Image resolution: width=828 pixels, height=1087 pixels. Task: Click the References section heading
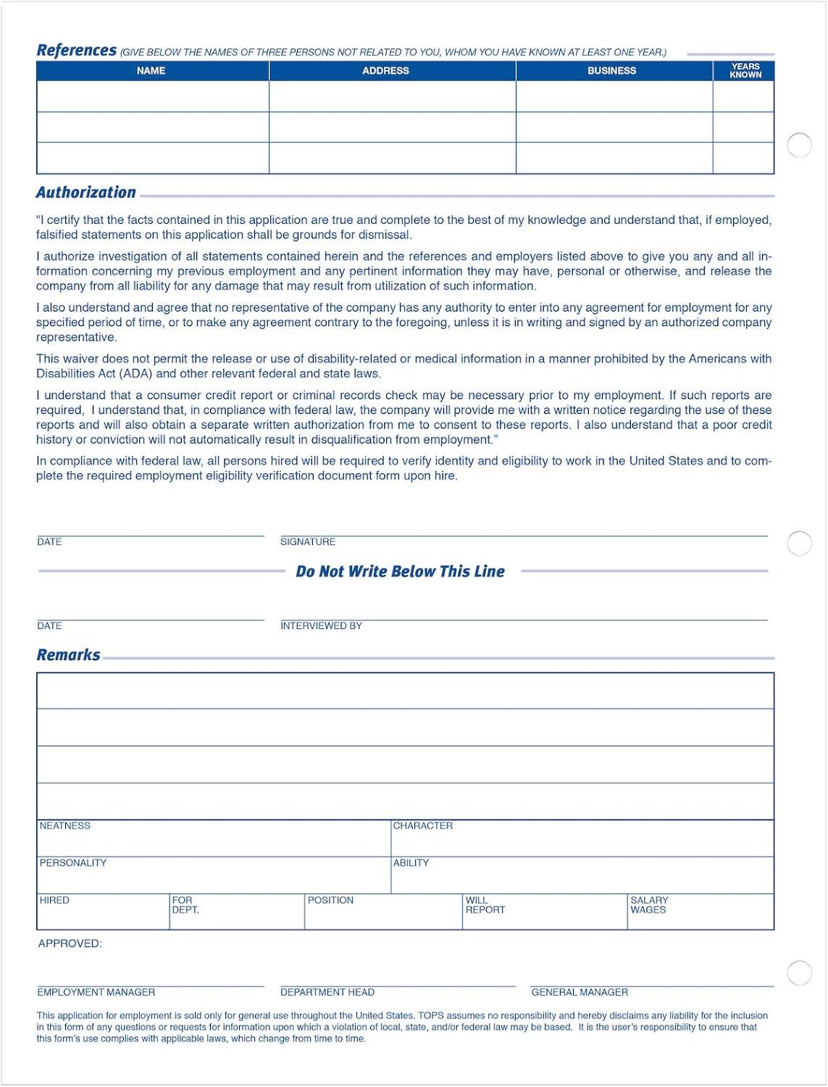[x=76, y=50]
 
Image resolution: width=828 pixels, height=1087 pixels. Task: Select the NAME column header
[x=151, y=70]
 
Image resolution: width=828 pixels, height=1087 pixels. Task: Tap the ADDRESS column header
[x=385, y=70]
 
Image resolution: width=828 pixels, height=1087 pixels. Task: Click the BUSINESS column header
[x=611, y=70]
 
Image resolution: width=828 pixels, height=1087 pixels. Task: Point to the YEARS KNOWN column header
[x=745, y=70]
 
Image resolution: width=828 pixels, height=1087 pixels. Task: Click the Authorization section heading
[x=85, y=192]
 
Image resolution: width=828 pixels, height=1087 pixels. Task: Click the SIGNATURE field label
[x=308, y=542]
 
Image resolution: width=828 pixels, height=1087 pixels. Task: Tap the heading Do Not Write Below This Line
[x=400, y=571]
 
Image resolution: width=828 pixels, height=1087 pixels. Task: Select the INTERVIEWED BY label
[x=321, y=626]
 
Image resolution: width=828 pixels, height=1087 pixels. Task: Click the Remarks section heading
[x=68, y=654]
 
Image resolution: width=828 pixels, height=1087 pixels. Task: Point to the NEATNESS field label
[x=65, y=826]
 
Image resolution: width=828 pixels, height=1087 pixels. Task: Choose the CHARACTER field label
[x=422, y=826]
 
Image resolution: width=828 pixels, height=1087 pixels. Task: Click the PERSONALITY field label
[x=72, y=863]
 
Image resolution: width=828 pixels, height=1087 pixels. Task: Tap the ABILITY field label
[x=411, y=863]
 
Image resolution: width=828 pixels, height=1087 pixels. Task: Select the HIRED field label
[x=54, y=900]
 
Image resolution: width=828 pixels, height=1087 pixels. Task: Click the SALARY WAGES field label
[x=649, y=905]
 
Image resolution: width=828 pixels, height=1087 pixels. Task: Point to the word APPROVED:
[x=70, y=944]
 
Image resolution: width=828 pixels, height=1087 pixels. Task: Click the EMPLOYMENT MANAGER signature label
[x=96, y=992]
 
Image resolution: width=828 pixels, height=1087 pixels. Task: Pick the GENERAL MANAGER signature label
[x=580, y=992]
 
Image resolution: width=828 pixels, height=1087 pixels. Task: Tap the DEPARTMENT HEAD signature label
[x=327, y=992]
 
